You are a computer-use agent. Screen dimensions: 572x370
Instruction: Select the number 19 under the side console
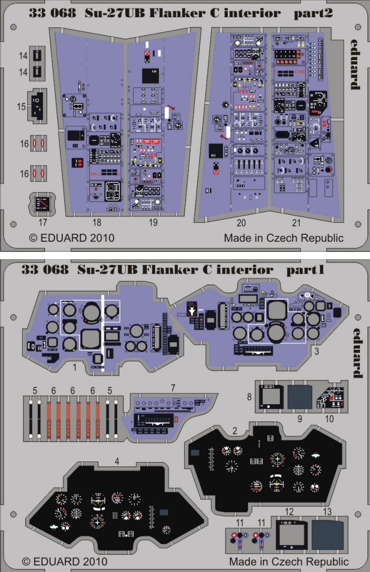click(154, 223)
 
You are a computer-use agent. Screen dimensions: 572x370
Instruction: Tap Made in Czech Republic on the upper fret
click(283, 238)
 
